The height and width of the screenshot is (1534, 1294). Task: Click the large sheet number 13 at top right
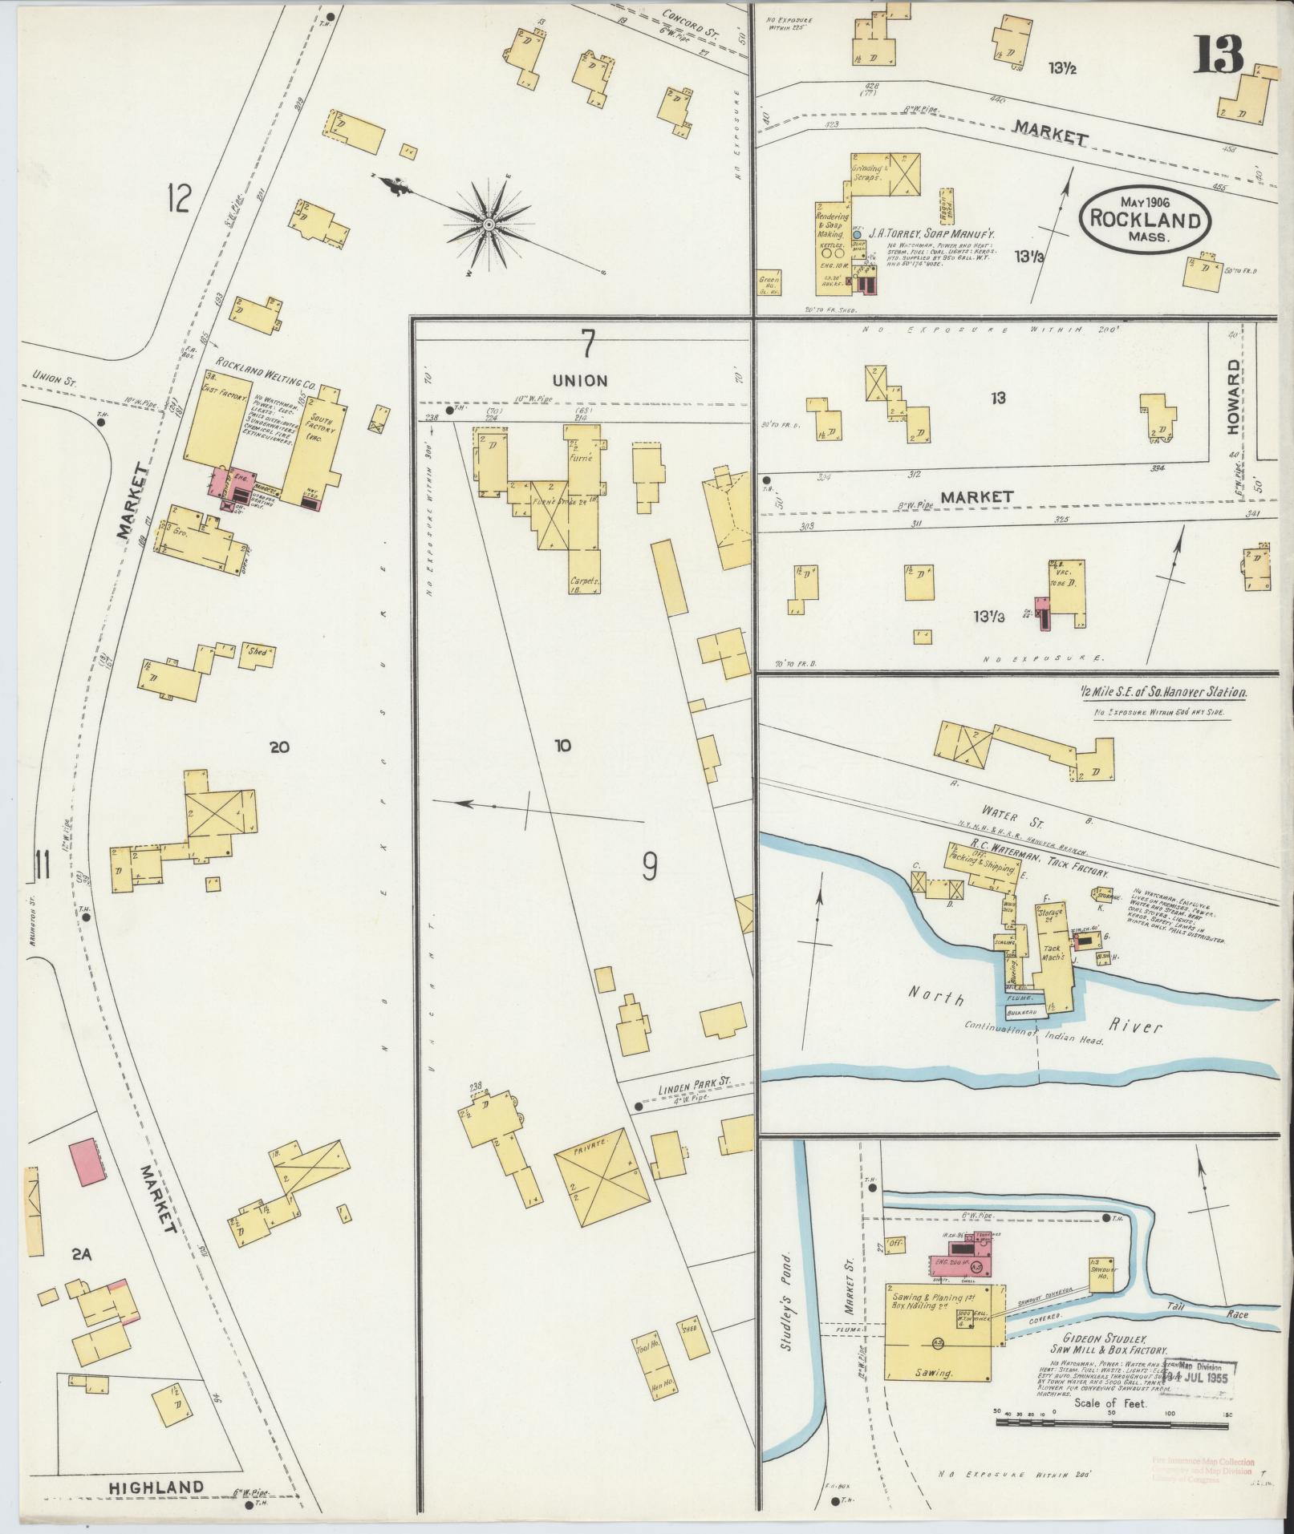click(1220, 54)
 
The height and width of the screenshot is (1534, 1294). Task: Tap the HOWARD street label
click(1233, 396)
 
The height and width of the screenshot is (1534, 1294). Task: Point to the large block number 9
click(650, 865)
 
